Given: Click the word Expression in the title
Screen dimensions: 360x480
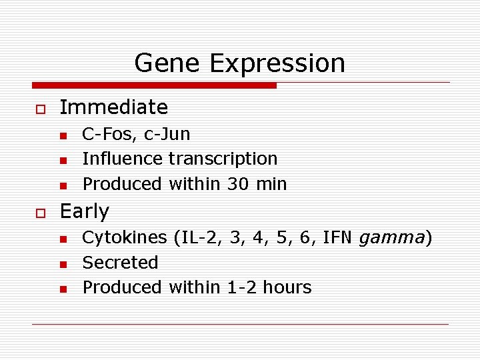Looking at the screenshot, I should [277, 64].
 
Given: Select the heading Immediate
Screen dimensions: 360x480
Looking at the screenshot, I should [114, 107].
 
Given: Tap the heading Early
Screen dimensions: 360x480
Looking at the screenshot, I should [85, 211].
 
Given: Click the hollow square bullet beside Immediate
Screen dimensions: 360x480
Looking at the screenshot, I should [40, 108].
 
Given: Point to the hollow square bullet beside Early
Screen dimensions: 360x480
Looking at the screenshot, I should [40, 212].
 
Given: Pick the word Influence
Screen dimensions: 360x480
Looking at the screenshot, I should [122, 159].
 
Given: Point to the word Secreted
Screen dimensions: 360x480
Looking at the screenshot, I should [120, 263].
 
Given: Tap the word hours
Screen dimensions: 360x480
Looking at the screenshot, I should [287, 287].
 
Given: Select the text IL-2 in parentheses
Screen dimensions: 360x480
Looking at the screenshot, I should [196, 237].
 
